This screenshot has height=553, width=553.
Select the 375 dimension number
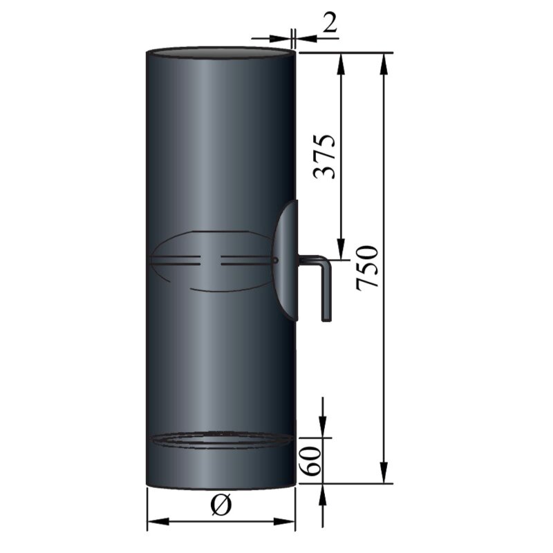[x=326, y=156]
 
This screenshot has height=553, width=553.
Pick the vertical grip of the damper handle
[x=326, y=290]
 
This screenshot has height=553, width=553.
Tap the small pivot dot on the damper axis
[x=275, y=261]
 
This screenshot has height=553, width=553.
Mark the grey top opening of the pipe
[x=220, y=53]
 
